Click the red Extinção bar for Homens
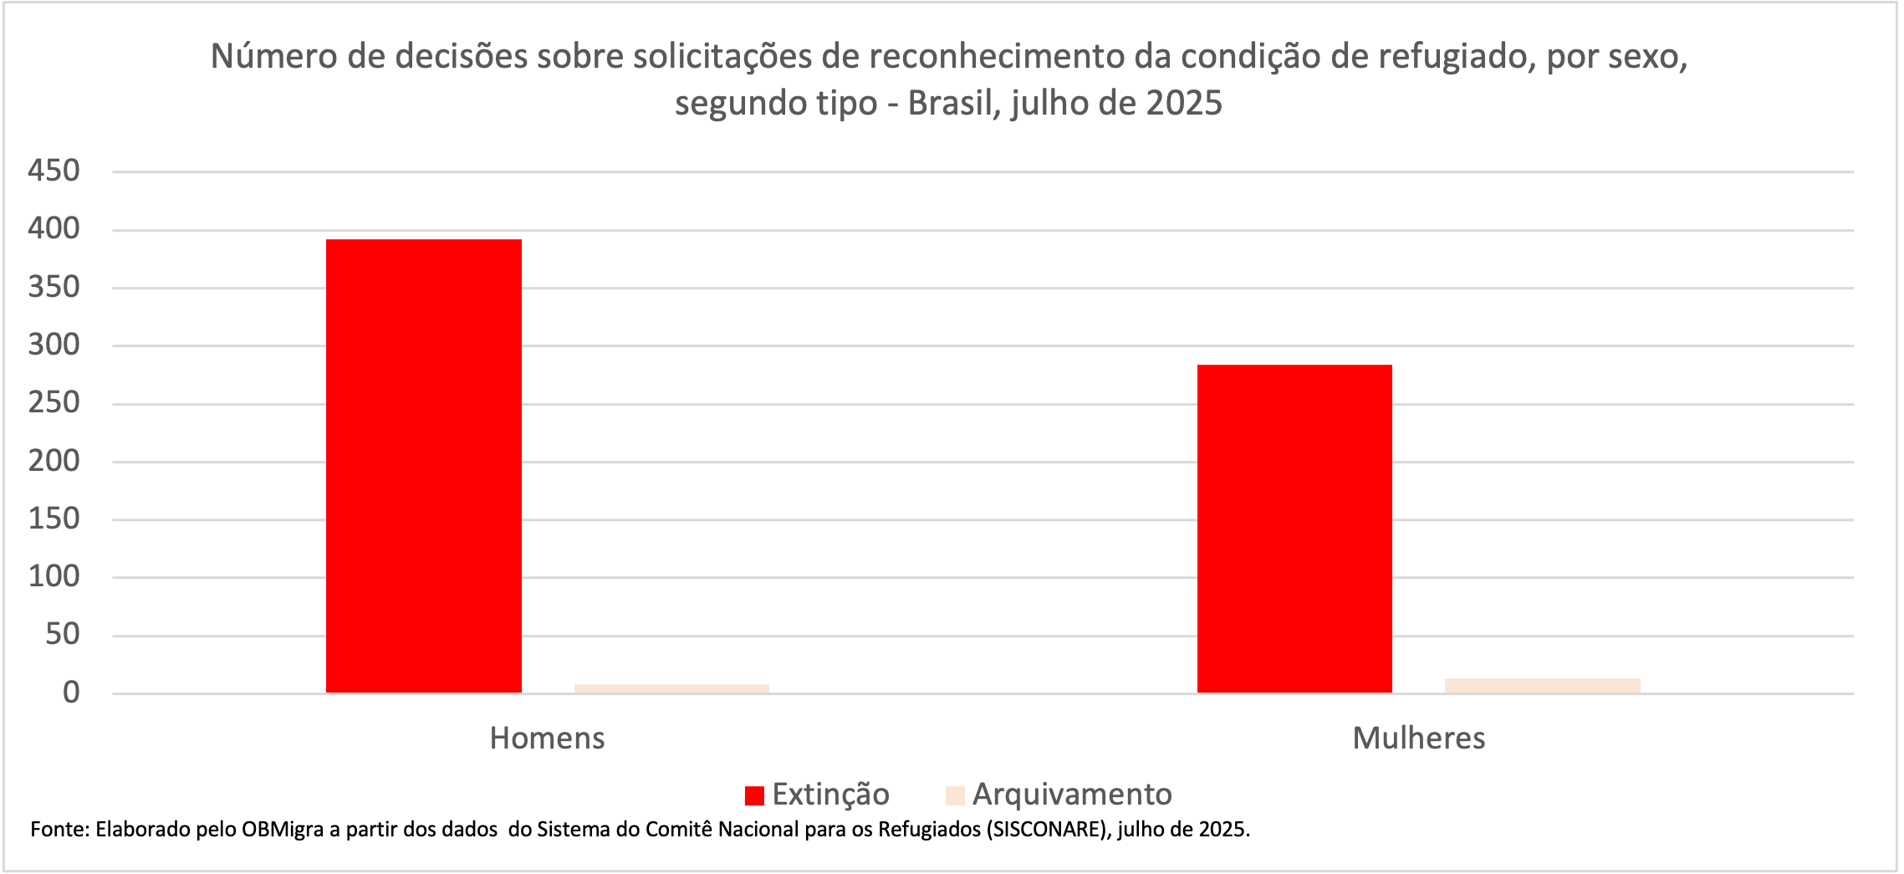pyautogui.click(x=423, y=466)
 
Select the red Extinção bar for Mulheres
pyautogui.click(x=1294, y=529)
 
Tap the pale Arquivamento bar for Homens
pyautogui.click(x=671, y=688)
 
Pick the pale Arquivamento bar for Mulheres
pyautogui.click(x=1542, y=685)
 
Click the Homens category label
pyautogui.click(x=547, y=738)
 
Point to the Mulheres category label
pyautogui.click(x=1418, y=738)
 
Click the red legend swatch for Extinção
pyautogui.click(x=754, y=795)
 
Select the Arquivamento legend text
pyautogui.click(x=1071, y=794)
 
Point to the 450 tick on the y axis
pyautogui.click(x=54, y=171)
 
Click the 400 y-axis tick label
pyautogui.click(x=54, y=228)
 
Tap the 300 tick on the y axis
pyautogui.click(x=54, y=345)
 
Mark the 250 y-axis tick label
pyautogui.click(x=54, y=402)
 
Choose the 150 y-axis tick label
pyautogui.click(x=54, y=519)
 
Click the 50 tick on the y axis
pyautogui.click(x=62, y=634)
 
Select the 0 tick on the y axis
pyautogui.click(x=71, y=693)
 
